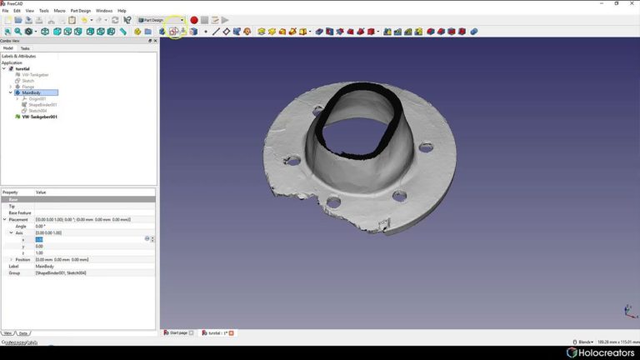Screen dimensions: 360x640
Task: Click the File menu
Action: (x=5, y=11)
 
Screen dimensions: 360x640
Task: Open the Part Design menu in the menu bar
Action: (x=80, y=11)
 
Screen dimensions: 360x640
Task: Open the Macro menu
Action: (x=59, y=11)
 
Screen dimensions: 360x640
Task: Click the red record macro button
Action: (x=194, y=20)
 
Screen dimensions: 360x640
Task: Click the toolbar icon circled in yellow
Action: (x=175, y=32)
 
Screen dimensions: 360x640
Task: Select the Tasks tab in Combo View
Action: (x=25, y=48)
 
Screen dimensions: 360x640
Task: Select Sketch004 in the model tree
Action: (x=37, y=110)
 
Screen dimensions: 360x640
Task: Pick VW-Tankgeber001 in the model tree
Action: (x=39, y=117)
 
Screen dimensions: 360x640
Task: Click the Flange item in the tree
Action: (x=28, y=87)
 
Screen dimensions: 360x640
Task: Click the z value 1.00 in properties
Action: (x=39, y=252)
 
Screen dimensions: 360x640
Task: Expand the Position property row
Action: (x=11, y=259)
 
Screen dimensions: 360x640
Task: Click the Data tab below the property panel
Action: (x=23, y=332)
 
